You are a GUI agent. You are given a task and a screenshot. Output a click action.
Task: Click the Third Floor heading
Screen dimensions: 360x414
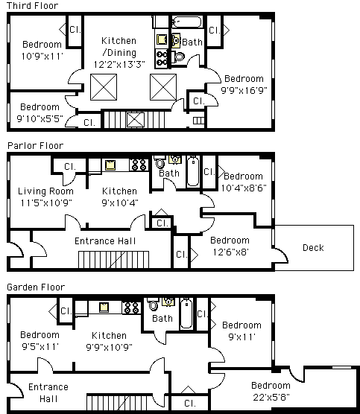32,5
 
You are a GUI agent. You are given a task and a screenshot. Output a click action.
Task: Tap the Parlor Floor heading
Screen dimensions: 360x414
36,145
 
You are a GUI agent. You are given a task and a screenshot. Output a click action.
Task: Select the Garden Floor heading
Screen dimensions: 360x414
36,287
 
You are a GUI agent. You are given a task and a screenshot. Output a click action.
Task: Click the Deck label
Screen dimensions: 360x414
313,248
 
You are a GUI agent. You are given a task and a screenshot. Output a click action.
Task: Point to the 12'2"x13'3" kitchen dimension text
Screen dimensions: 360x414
119,65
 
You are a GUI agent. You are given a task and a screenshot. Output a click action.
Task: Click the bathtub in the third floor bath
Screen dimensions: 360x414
187,22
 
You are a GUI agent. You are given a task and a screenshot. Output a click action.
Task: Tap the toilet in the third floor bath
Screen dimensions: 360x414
177,57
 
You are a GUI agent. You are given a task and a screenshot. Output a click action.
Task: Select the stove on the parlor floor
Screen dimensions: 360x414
139,165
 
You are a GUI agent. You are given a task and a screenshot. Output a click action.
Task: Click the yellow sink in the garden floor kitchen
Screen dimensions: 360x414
104,308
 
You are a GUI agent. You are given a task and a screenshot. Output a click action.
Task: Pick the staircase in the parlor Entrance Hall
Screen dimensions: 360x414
113,260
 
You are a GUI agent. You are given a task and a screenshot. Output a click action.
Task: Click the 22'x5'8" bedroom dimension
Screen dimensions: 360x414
271,397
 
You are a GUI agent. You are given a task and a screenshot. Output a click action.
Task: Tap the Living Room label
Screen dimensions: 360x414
45,191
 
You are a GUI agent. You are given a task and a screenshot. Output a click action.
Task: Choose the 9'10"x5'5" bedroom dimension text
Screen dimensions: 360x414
40,118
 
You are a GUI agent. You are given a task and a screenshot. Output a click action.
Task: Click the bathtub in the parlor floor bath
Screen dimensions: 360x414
193,171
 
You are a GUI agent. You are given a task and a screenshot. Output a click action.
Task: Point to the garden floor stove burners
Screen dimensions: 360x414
132,308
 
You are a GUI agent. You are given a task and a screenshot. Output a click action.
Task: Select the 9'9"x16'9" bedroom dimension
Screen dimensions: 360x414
244,90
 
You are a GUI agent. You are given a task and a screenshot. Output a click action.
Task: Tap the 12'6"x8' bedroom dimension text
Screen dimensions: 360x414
230,252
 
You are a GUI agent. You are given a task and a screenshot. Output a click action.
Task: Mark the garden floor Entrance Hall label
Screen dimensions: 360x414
48,392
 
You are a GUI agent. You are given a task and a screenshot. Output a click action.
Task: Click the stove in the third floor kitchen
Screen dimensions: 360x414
162,58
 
